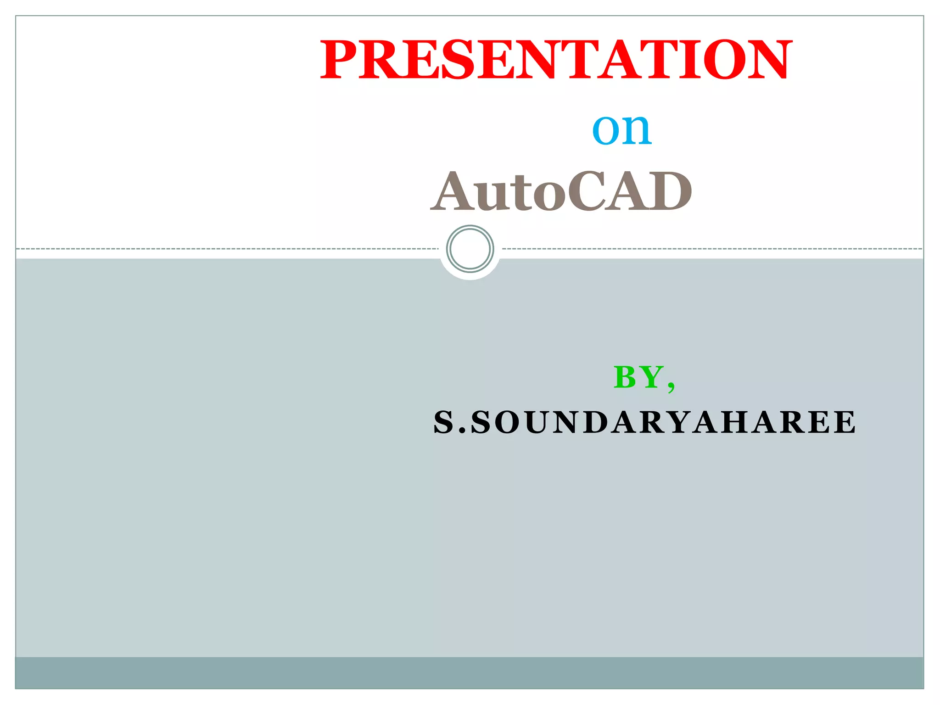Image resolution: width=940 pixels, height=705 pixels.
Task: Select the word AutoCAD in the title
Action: (561, 191)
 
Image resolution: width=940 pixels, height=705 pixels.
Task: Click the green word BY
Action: (638, 377)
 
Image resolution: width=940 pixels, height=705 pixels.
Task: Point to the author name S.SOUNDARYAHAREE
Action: (644, 422)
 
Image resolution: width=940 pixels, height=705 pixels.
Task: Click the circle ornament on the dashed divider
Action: (470, 249)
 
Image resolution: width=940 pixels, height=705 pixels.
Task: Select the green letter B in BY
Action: (626, 377)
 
